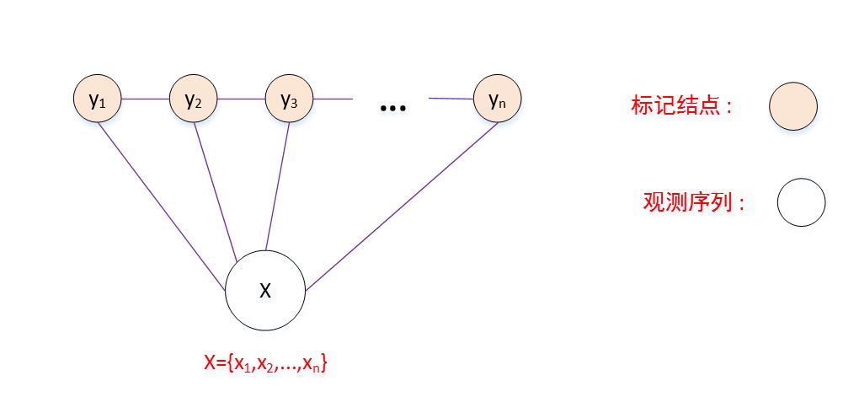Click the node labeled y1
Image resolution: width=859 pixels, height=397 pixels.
click(98, 99)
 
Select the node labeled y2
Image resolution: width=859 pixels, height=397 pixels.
click(194, 99)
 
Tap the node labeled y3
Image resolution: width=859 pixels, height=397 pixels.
click(290, 99)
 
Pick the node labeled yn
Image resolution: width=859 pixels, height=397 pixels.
click(497, 99)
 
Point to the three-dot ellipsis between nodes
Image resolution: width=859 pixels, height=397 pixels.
click(393, 109)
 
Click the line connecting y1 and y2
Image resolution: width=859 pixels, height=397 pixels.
click(146, 99)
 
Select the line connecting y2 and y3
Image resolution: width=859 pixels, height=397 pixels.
click(242, 99)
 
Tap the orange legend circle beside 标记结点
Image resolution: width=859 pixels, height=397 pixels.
click(792, 107)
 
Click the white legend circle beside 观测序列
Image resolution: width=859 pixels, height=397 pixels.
click(801, 203)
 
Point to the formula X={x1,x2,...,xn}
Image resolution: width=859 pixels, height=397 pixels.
click(265, 363)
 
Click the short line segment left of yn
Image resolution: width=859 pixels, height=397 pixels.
click(451, 99)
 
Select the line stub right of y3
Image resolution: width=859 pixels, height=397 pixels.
click(333, 99)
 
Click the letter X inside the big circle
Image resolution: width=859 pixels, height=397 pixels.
click(265, 291)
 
